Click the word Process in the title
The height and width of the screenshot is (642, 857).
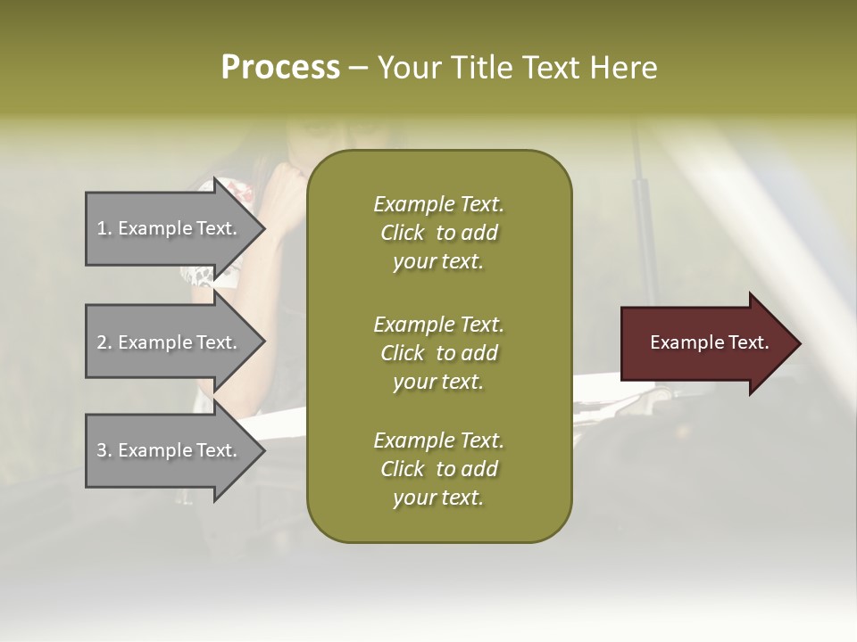click(x=280, y=68)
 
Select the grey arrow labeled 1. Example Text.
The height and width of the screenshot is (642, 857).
click(x=170, y=228)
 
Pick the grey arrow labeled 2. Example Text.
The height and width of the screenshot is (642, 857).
click(x=170, y=342)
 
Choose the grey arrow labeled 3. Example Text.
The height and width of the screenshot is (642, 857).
click(x=170, y=450)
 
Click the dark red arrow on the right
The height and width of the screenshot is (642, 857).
click(x=705, y=343)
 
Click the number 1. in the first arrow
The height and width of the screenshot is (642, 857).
click(x=104, y=228)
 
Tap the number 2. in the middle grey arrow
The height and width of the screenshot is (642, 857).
click(x=104, y=342)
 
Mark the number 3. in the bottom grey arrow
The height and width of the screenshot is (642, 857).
click(x=104, y=450)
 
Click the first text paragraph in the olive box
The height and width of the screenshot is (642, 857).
click(x=438, y=233)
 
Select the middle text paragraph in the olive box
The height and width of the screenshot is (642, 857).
click(x=438, y=353)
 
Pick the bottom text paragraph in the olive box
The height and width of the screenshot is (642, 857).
click(x=438, y=469)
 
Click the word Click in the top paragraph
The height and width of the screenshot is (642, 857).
click(x=403, y=234)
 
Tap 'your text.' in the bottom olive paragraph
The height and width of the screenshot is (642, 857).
click(x=438, y=498)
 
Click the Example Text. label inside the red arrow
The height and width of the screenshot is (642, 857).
click(x=709, y=342)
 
